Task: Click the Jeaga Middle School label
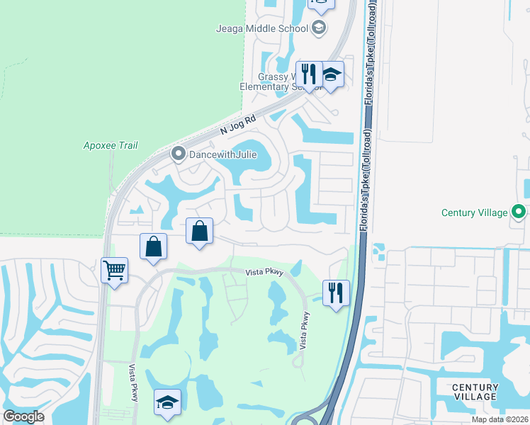click(262, 28)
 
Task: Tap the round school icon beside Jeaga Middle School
click(319, 28)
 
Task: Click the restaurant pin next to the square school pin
click(309, 74)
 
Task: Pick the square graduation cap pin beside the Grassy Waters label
click(331, 74)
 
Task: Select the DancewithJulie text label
click(217, 154)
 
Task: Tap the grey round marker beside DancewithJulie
click(179, 154)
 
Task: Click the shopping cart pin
click(114, 270)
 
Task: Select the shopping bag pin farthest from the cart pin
click(200, 231)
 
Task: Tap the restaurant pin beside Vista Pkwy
click(336, 293)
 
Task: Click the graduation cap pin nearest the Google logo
click(167, 402)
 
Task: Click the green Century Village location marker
click(519, 212)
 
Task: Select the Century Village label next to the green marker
click(474, 212)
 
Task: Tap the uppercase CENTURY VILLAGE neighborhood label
click(475, 392)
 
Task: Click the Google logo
click(23, 416)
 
